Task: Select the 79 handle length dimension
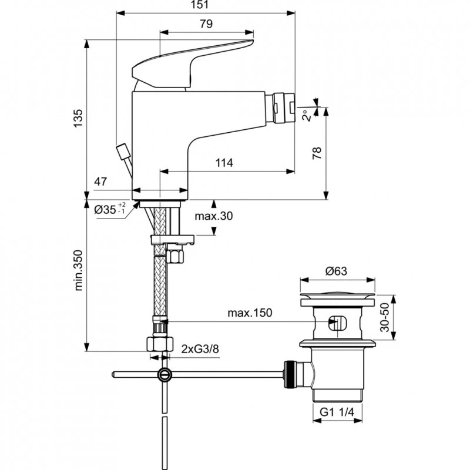(x=205, y=24)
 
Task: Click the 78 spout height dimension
(x=317, y=154)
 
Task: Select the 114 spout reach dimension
(x=224, y=163)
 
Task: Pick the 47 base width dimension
(x=100, y=182)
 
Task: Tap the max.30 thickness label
(x=214, y=216)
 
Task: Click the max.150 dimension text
(x=250, y=313)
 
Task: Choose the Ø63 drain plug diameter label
(x=336, y=271)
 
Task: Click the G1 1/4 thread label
(x=336, y=412)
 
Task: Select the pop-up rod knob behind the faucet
(x=124, y=152)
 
